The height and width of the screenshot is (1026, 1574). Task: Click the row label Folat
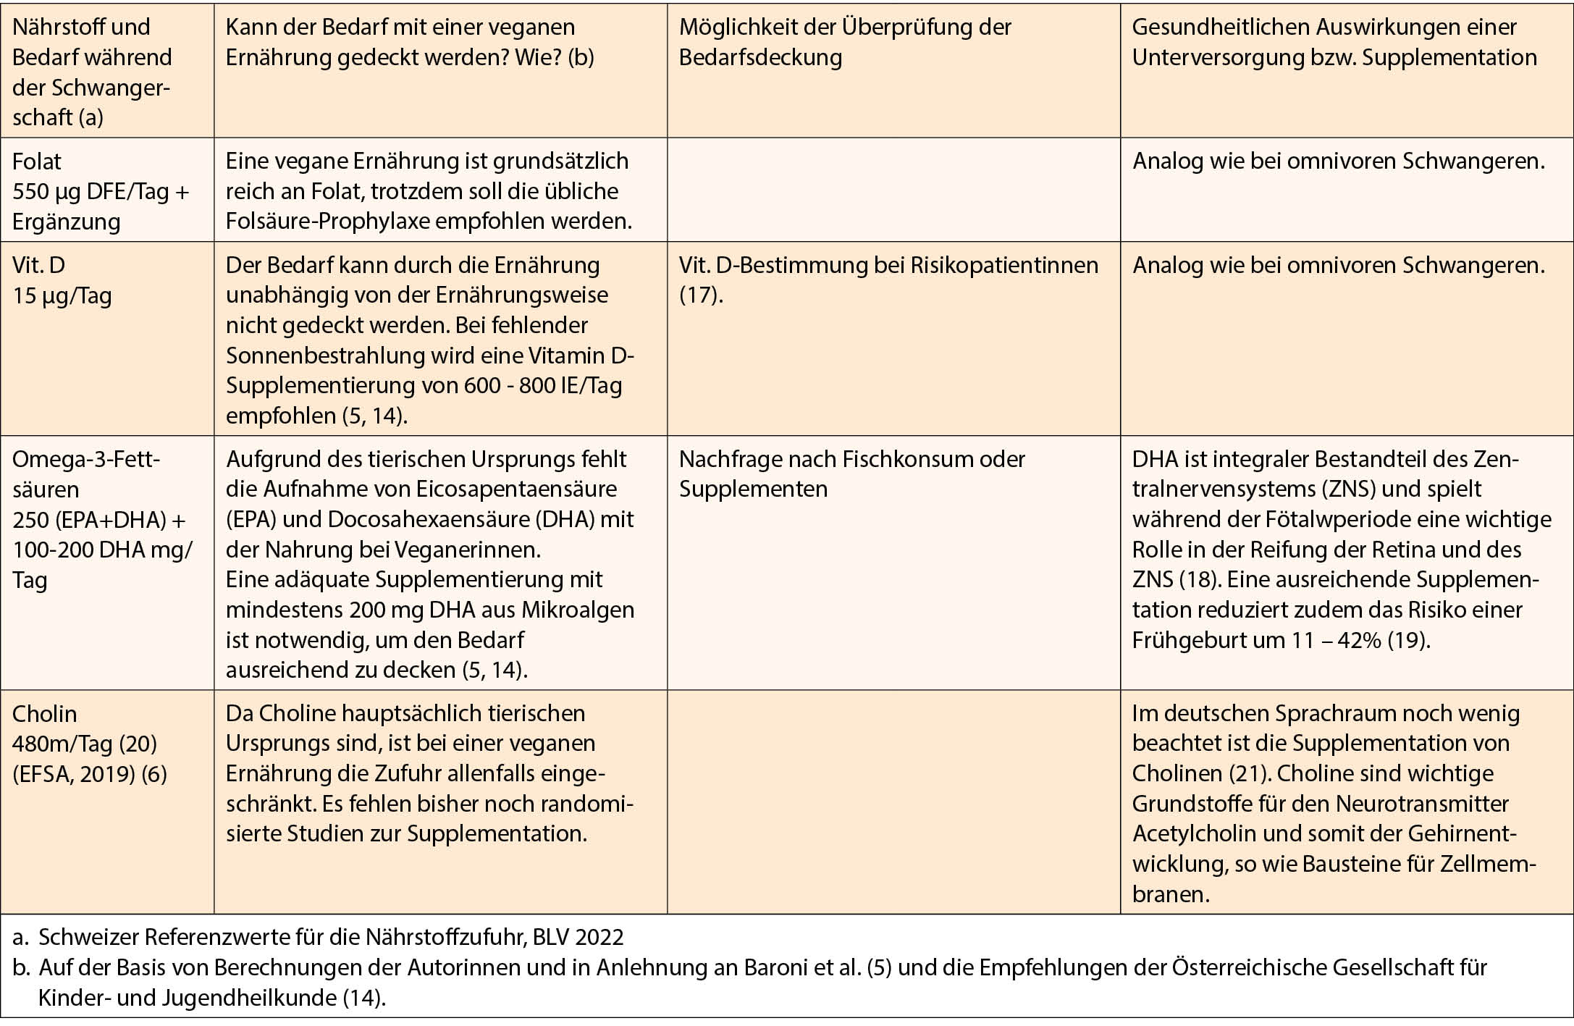tap(37, 161)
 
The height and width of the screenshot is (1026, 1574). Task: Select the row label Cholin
tap(44, 713)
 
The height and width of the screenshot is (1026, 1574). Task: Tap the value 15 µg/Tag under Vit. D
tap(62, 295)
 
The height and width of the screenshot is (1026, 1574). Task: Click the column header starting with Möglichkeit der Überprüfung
tap(844, 42)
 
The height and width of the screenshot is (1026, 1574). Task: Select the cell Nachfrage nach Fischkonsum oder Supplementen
tap(851, 474)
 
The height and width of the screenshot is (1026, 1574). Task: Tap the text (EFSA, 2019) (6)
tap(90, 774)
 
